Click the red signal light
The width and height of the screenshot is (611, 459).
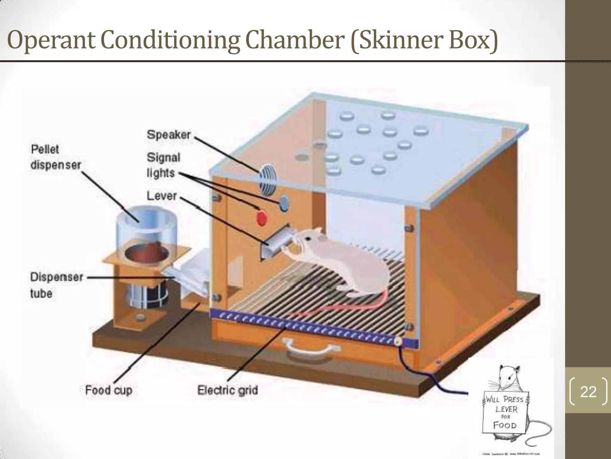coord(262,217)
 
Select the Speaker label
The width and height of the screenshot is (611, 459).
coord(169,135)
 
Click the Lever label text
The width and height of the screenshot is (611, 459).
coord(162,196)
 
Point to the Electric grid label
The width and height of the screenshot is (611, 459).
coord(228,390)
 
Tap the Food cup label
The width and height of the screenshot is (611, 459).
coord(109,390)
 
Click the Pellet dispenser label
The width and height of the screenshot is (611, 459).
coord(55,157)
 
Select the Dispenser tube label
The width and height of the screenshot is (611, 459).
coord(56,285)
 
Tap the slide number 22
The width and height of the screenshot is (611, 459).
coord(588,391)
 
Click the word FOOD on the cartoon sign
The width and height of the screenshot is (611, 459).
coord(505,425)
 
